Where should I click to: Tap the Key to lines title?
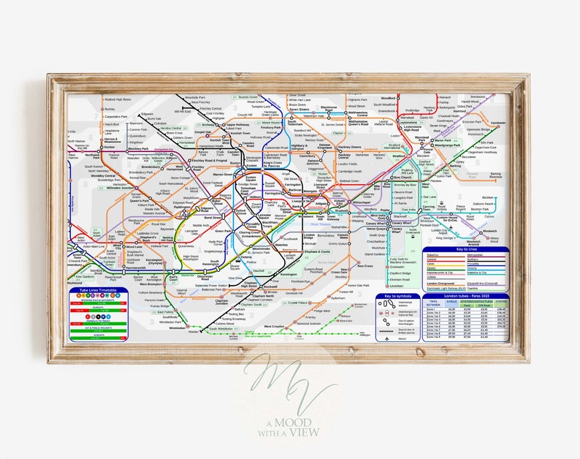coord(466,250)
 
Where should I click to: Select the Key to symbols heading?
coord(397,296)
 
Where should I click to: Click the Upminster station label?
coord(498,123)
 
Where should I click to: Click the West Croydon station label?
coord(274,327)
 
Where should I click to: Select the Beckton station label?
coord(488,197)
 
